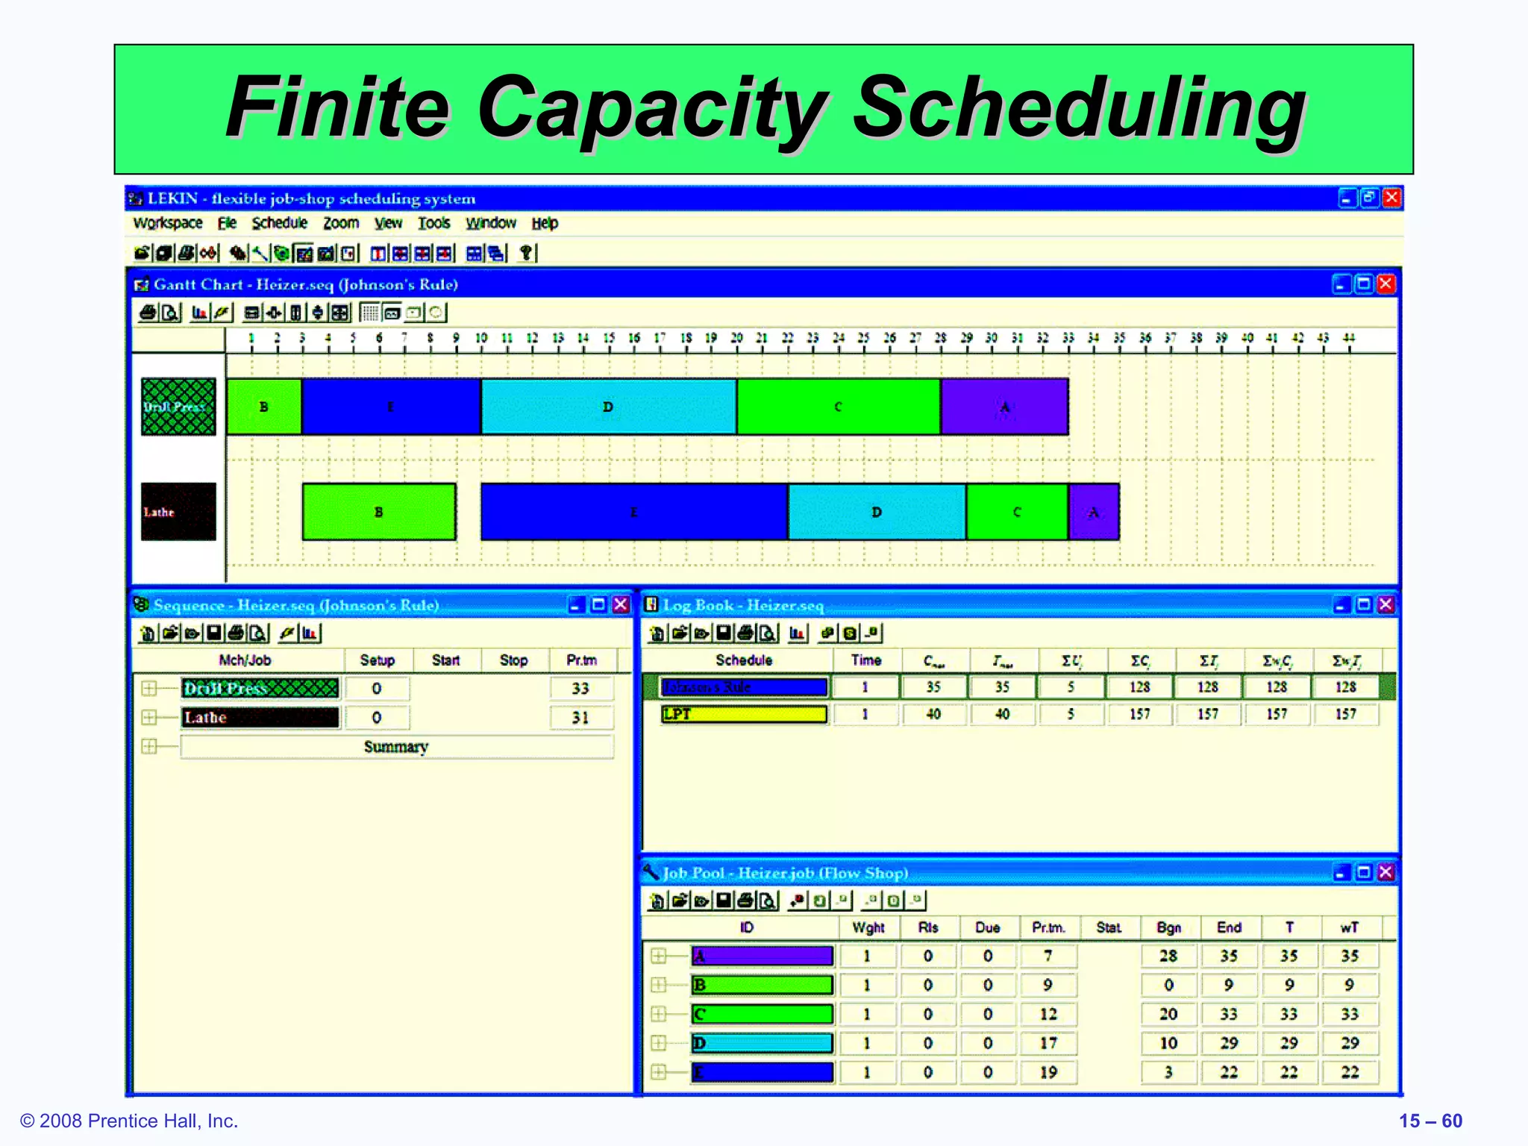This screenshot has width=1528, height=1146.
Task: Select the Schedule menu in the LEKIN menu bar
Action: click(279, 223)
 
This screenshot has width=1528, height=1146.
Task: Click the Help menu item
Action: click(545, 223)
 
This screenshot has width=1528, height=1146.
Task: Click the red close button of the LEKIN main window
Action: click(1391, 198)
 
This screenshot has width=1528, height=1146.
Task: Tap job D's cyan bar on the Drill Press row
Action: click(608, 407)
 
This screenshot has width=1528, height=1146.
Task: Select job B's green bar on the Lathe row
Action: click(379, 512)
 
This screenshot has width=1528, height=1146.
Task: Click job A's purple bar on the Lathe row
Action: click(1094, 512)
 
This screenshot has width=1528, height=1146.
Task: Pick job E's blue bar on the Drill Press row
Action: click(391, 407)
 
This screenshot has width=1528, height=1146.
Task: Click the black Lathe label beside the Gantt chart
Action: click(178, 512)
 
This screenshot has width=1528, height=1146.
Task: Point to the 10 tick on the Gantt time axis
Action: click(481, 339)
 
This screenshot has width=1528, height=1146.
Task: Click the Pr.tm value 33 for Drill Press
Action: click(580, 689)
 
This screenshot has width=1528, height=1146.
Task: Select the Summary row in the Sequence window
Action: click(396, 747)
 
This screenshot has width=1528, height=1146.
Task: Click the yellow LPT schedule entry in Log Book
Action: click(744, 714)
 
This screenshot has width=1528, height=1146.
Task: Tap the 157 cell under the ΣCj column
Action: click(1139, 714)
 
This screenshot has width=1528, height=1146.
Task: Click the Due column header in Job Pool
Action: click(987, 927)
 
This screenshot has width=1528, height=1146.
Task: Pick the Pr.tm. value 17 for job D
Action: click(1048, 1043)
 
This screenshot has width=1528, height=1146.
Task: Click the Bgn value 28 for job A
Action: click(1168, 956)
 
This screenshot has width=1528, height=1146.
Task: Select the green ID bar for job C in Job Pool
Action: click(762, 1014)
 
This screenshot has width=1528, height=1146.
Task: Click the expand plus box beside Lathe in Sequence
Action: click(149, 717)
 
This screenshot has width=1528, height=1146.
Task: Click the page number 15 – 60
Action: click(1430, 1121)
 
